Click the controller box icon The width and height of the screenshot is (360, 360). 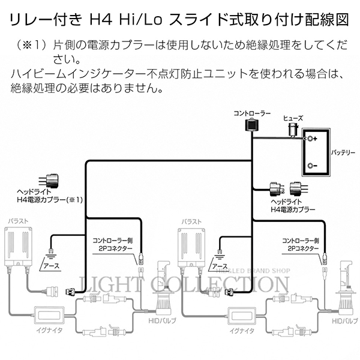point(251,125)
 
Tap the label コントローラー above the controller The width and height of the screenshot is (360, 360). point(252,113)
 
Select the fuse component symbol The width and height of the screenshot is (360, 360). point(293,130)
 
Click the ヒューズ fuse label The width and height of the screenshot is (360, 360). point(293,118)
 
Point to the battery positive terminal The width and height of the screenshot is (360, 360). point(310,139)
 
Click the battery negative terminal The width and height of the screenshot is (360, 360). point(310,166)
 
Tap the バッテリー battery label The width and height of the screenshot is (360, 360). point(343,152)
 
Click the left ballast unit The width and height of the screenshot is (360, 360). point(19,248)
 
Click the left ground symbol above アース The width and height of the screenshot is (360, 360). point(50,253)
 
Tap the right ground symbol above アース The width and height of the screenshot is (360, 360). point(220,253)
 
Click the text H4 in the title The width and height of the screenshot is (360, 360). point(101,20)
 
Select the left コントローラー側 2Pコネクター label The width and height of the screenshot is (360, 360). point(113,245)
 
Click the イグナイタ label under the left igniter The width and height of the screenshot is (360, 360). point(49,331)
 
